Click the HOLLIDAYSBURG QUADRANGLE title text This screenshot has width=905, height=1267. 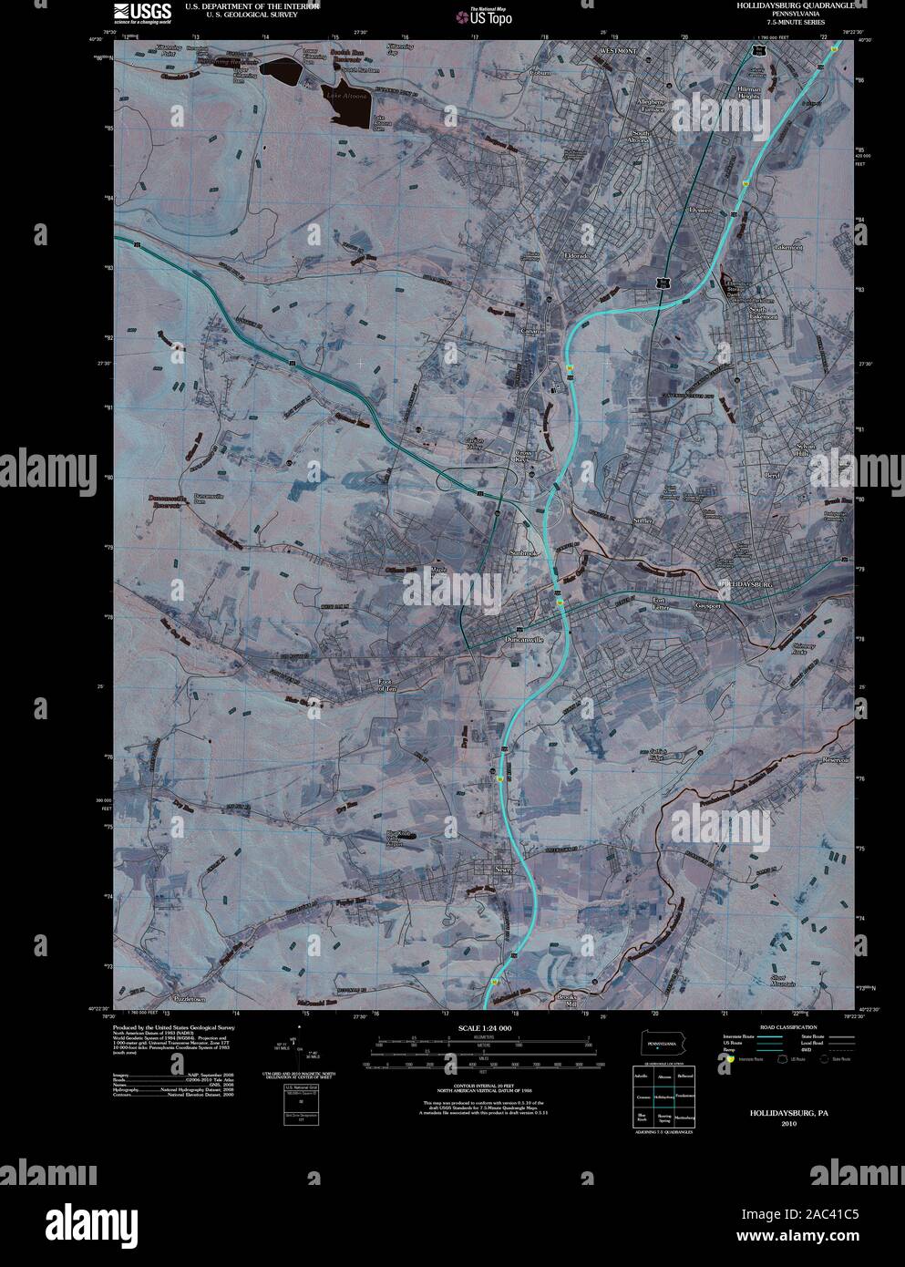click(794, 5)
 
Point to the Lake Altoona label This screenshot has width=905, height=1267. click(342, 96)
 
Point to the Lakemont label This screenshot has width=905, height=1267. click(787, 247)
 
